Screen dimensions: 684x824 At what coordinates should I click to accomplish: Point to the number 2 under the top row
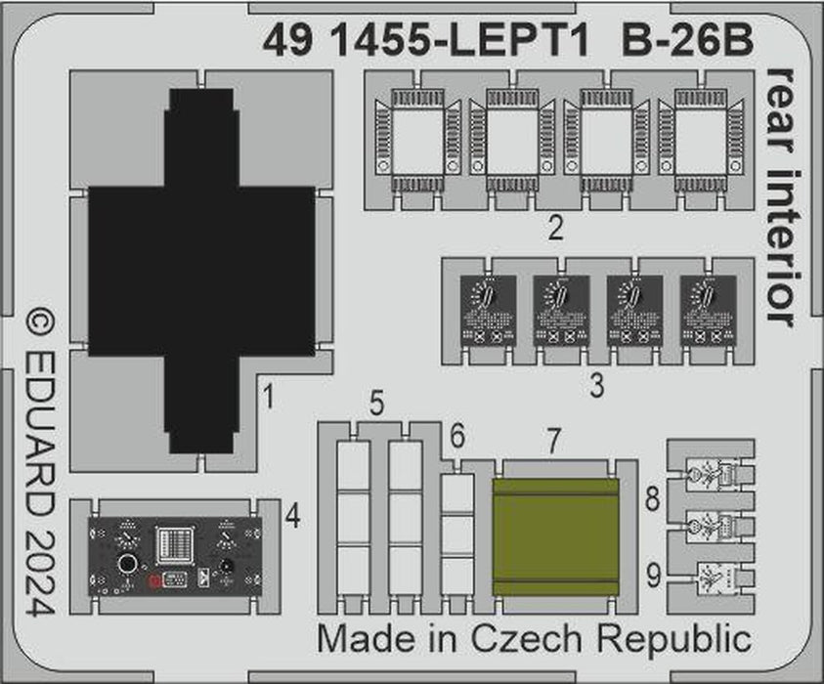555,231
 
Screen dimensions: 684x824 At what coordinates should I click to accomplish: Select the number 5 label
376,403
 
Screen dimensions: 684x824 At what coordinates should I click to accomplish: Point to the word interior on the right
783,245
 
